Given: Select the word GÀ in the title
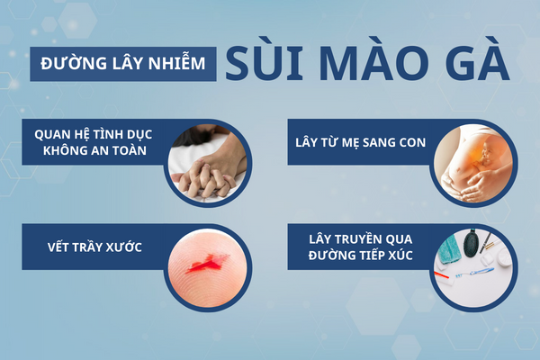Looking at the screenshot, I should point(471,66).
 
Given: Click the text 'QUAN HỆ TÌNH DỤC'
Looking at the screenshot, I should point(94,133).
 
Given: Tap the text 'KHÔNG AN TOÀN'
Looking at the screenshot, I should point(94,151).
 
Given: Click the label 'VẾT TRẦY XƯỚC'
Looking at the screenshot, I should point(94,247).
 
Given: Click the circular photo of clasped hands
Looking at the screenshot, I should point(208,160).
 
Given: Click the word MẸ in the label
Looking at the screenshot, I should point(364,142).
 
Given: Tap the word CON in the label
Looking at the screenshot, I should point(413,142).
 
